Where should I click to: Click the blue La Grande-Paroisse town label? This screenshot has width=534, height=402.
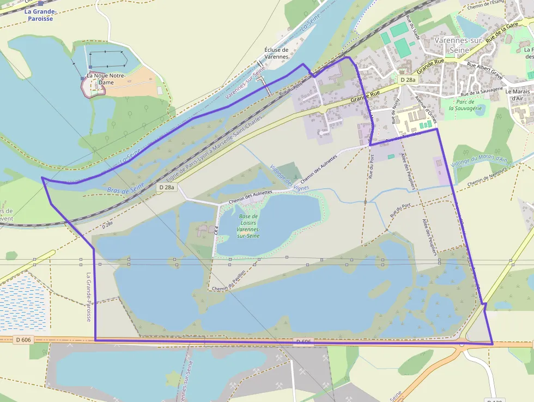[39, 15]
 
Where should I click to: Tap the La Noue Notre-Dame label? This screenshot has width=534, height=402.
[106, 79]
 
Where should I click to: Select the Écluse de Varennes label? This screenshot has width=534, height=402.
[276, 53]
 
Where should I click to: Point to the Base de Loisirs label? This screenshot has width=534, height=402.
[248, 226]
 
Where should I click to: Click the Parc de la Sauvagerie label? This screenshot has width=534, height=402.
[463, 105]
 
